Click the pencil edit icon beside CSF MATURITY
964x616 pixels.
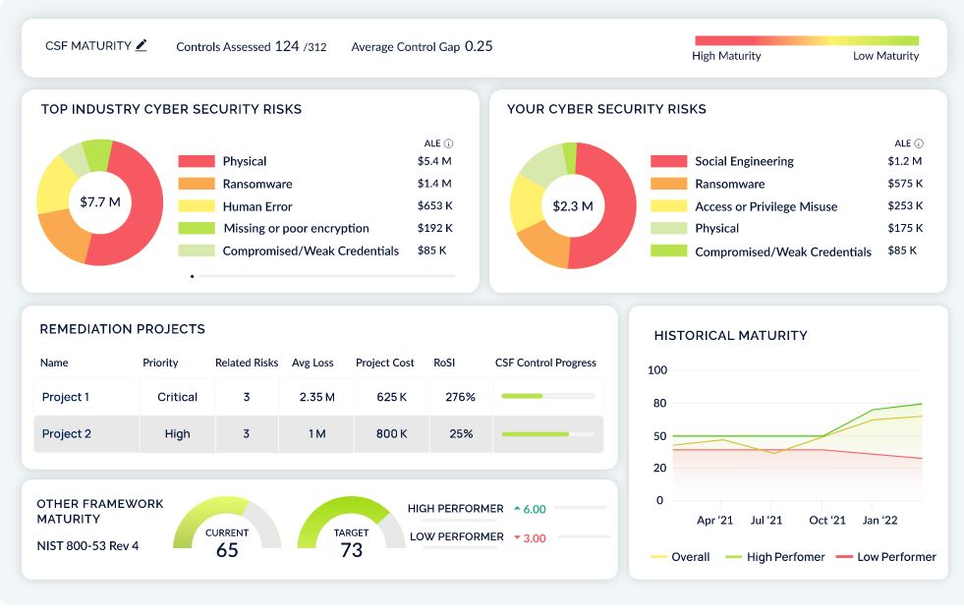(x=142, y=45)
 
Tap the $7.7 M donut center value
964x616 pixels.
(x=100, y=202)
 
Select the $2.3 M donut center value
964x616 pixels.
(x=572, y=205)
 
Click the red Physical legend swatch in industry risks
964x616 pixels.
(x=197, y=161)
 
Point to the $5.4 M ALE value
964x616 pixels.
(x=434, y=161)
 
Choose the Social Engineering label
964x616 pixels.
(x=744, y=161)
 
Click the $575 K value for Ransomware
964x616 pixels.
(x=904, y=184)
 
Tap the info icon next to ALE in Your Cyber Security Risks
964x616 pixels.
(x=919, y=143)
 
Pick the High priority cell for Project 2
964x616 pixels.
(x=178, y=433)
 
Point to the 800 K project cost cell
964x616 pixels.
(x=391, y=433)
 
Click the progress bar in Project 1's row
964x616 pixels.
(x=547, y=396)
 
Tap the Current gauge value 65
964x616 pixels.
(x=227, y=550)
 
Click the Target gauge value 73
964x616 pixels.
(x=351, y=550)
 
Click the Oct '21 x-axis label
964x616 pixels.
(x=827, y=520)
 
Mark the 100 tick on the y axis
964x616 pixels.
(x=656, y=370)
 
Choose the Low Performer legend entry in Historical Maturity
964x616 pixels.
(x=886, y=557)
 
